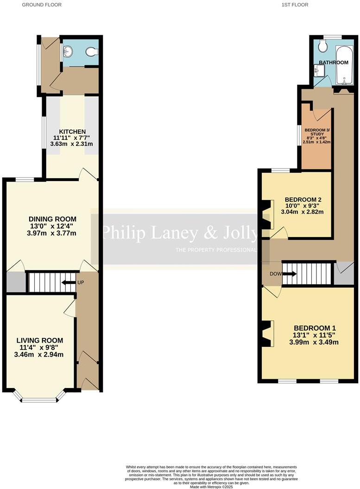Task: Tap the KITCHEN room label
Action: click(x=72, y=132)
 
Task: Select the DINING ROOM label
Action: click(x=52, y=219)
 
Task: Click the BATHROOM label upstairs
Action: click(x=334, y=63)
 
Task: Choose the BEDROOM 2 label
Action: click(x=303, y=200)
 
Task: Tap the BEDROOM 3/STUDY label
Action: click(x=316, y=132)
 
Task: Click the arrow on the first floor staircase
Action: click(x=289, y=274)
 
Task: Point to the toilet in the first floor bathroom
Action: click(x=323, y=45)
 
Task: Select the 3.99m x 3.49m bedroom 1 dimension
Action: click(x=314, y=342)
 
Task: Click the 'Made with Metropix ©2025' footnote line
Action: click(x=212, y=486)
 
